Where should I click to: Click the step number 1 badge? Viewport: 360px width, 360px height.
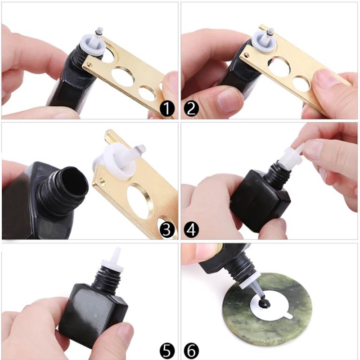(167, 108)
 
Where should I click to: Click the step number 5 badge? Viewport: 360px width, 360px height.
(167, 351)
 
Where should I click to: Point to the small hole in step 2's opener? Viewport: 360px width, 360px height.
(246, 55)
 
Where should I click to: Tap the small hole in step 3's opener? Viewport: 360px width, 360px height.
(102, 183)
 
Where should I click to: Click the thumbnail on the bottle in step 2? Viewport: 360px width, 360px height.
(227, 98)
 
